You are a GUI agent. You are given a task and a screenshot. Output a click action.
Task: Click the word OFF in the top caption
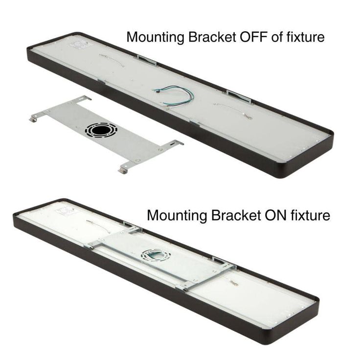pyautogui.click(x=253, y=37)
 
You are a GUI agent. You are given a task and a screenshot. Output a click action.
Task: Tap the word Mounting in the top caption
pyautogui.click(x=156, y=38)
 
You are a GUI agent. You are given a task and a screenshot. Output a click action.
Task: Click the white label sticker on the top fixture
pyautogui.click(x=79, y=45)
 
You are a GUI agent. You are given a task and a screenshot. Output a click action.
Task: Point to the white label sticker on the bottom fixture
pyautogui.click(x=65, y=211)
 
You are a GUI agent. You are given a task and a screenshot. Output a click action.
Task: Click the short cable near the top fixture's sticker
pyautogui.click(x=112, y=60)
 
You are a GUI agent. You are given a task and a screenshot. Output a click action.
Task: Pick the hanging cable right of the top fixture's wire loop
pyautogui.click(x=233, y=111)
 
